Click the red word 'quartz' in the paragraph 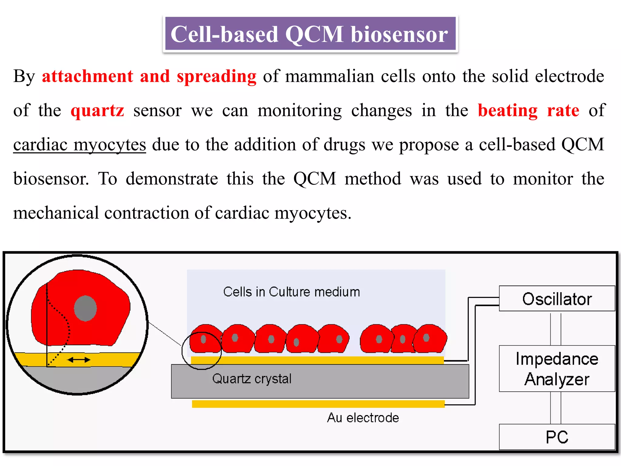coord(97,110)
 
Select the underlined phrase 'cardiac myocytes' coord(79,145)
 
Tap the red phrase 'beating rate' coord(528,110)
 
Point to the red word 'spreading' coord(217,76)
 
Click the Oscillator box coord(557,299)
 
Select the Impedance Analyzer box coord(557,369)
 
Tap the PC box coord(557,437)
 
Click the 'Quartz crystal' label coord(252,379)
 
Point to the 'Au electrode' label coord(363,418)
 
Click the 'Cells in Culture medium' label coord(291,292)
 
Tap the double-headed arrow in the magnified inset coord(79,360)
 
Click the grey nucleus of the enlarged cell coord(86,308)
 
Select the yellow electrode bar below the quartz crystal coord(318,404)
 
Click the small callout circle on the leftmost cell coord(202,351)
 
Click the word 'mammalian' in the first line coord(330,76)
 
